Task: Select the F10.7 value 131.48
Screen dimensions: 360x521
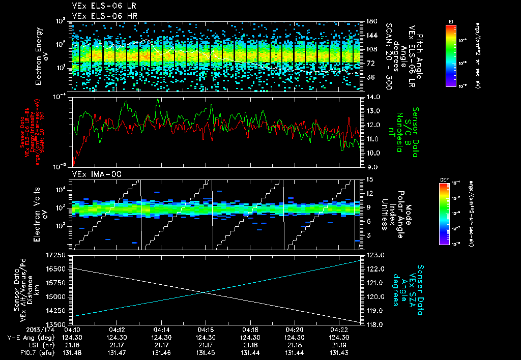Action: [x=73, y=352]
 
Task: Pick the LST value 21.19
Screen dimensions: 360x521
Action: [x=338, y=345]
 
